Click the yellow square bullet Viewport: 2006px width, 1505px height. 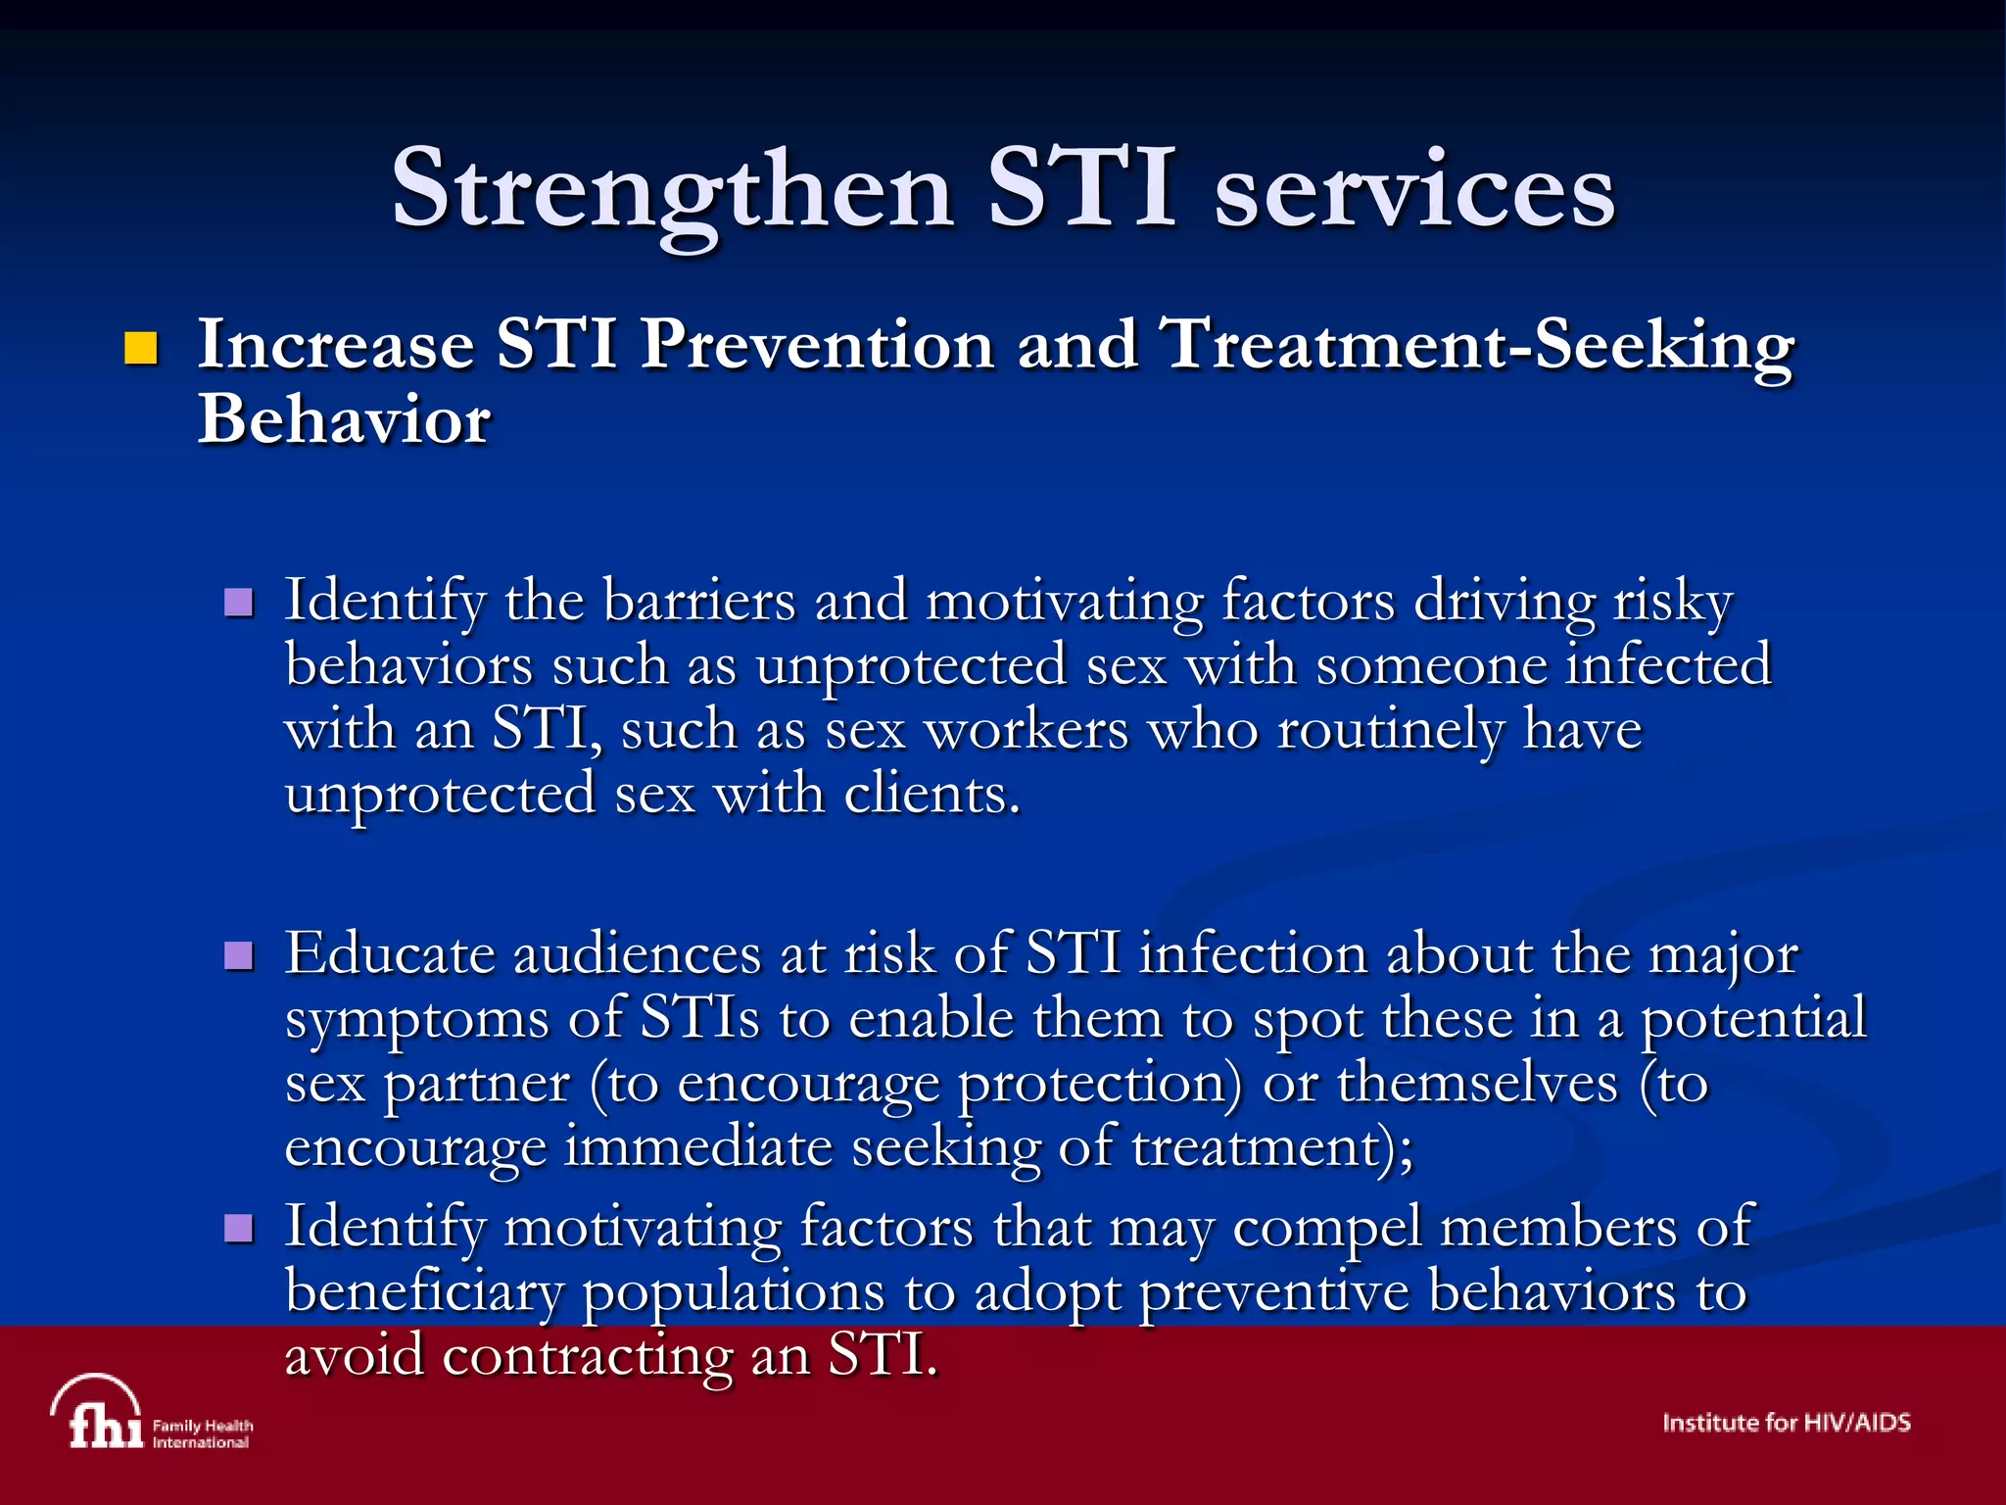click(141, 349)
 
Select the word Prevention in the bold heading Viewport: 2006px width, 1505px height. click(816, 345)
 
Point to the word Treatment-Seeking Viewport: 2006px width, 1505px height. click(1476, 345)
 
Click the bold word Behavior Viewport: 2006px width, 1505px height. click(344, 419)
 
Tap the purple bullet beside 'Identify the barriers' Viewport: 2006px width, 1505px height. click(238, 602)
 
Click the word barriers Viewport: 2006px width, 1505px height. click(698, 600)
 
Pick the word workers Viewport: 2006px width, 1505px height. click(1027, 730)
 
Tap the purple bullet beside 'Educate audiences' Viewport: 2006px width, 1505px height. click(238, 955)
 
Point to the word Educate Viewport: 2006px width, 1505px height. click(390, 953)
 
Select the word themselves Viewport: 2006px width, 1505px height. click(1477, 1084)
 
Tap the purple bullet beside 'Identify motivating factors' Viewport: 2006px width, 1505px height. click(238, 1228)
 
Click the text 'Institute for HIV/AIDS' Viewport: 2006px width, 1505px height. click(1786, 1423)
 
